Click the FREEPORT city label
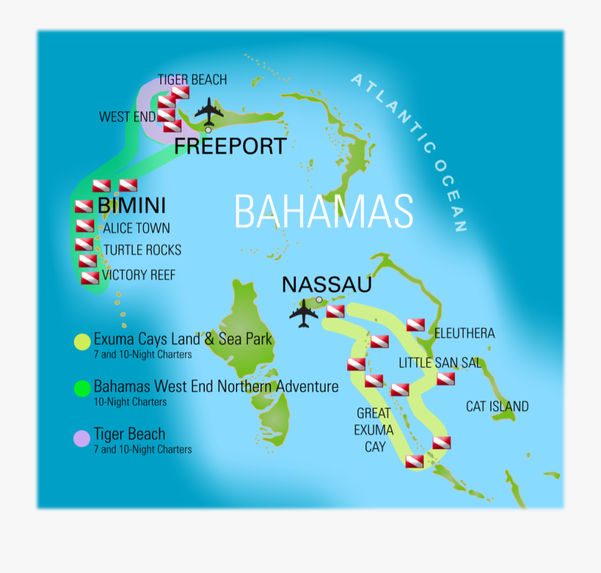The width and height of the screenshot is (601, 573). click(x=230, y=146)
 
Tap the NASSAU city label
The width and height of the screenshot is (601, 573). click(x=327, y=285)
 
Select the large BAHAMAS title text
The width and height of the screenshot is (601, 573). click(x=324, y=212)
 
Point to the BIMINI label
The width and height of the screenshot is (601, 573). click(x=132, y=205)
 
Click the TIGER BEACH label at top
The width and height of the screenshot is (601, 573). click(x=192, y=80)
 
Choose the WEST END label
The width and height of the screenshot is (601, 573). click(x=127, y=117)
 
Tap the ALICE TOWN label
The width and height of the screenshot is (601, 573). click(x=136, y=228)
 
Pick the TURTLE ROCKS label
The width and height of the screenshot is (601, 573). click(x=142, y=250)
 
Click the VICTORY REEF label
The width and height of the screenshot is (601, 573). click(x=139, y=275)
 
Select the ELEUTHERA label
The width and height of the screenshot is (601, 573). click(x=465, y=333)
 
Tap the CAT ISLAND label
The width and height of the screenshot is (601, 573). click(x=497, y=406)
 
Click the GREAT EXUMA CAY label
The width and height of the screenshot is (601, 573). click(x=375, y=430)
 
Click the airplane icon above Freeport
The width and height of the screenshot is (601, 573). click(x=209, y=111)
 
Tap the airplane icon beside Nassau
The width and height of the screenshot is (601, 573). click(x=305, y=313)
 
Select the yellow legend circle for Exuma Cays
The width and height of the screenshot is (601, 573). click(x=82, y=342)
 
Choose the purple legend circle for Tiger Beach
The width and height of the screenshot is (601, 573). click(x=81, y=438)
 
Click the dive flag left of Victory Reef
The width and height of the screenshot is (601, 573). click(x=89, y=277)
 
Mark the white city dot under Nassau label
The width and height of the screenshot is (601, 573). click(x=319, y=300)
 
